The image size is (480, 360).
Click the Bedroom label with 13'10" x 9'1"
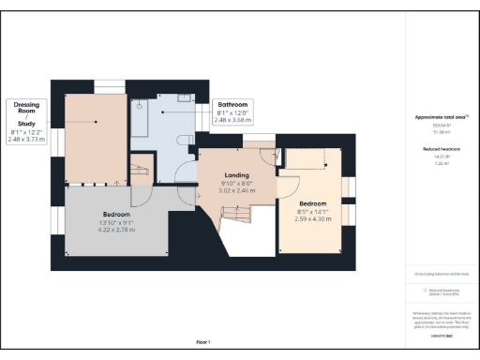click(x=117, y=214)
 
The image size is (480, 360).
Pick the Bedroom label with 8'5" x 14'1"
click(x=313, y=203)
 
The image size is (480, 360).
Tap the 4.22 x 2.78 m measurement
click(x=117, y=230)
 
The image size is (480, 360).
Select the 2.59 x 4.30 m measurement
click(x=313, y=218)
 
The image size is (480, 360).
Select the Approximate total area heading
click(x=442, y=117)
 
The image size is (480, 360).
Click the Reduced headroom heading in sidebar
click(x=442, y=149)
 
